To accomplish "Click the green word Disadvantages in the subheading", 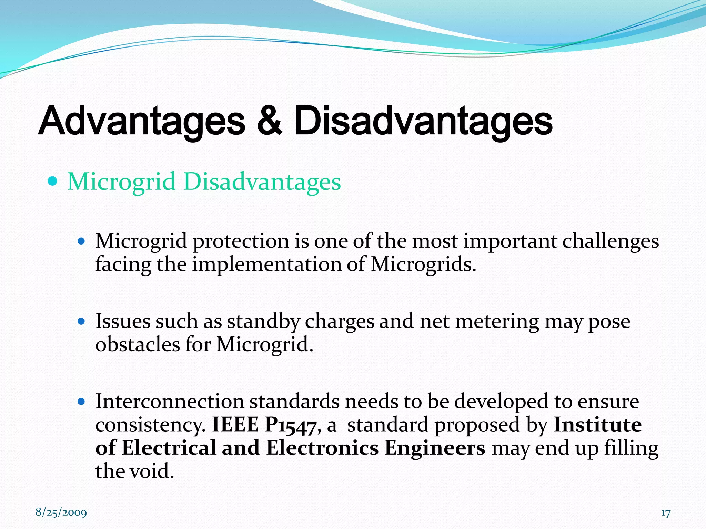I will pos(262,181).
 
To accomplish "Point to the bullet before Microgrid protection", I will pos(81,241).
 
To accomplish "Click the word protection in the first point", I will pos(241,241).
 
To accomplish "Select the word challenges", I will pos(611,241).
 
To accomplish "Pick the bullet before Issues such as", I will pos(81,322).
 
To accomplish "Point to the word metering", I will pos(497,322).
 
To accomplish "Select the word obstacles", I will pos(137,344).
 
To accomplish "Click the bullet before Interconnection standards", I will pos(81,402).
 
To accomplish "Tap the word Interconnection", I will pos(170,402).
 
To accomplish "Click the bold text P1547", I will pos(290,425).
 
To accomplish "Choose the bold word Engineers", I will pos(435,448).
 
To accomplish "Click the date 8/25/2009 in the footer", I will pos(61,512).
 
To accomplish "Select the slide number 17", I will pos(666,513).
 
